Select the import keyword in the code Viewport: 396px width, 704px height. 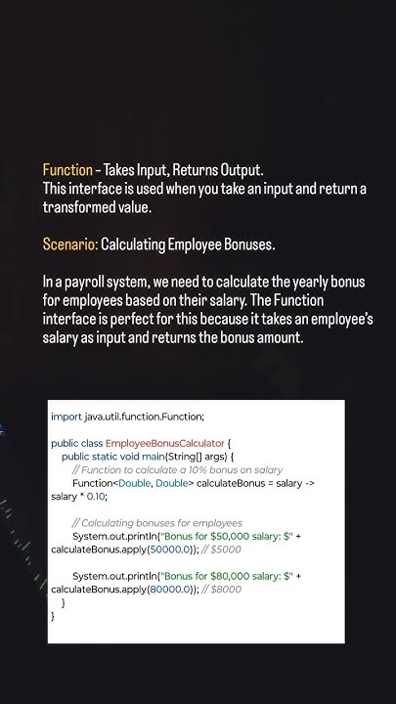(x=66, y=417)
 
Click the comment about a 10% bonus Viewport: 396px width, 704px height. (x=177, y=470)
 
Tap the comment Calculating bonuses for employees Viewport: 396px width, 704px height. (x=156, y=522)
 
